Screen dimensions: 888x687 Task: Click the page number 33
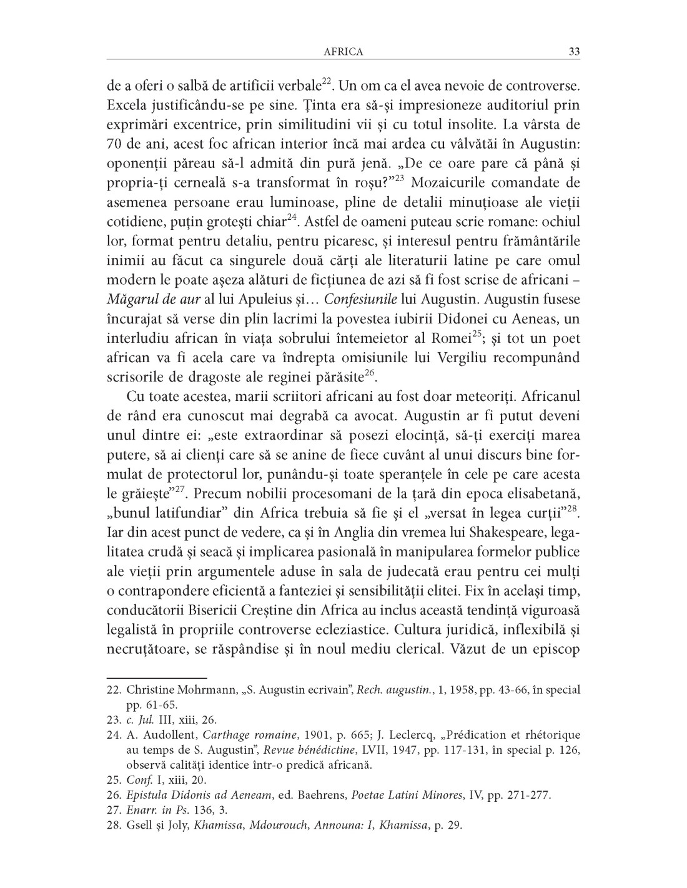click(x=575, y=52)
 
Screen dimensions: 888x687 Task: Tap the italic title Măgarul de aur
click(x=144, y=298)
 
